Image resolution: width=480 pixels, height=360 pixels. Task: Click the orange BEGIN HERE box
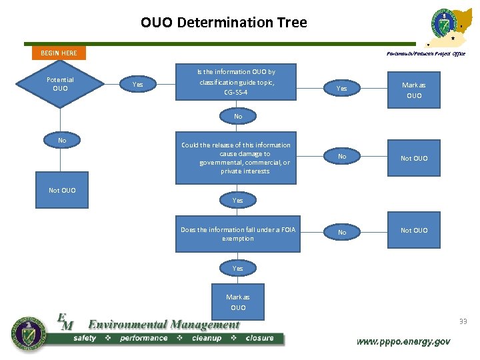59,53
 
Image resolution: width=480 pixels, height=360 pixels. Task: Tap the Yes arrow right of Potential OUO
138,85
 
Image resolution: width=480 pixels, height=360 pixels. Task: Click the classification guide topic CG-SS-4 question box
236,82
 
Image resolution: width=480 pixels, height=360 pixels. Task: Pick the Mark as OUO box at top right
413,90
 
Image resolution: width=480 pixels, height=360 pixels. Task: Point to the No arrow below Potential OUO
62,141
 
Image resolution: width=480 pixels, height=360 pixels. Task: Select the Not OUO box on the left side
62,191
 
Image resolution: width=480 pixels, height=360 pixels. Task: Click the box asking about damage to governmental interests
236,158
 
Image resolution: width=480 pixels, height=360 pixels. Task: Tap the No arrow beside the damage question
342,157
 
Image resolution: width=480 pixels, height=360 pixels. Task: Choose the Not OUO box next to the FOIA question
413,231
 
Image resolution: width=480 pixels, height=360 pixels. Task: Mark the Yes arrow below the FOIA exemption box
238,268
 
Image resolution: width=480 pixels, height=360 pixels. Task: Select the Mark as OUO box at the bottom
238,303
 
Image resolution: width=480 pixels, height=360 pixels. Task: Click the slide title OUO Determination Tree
224,23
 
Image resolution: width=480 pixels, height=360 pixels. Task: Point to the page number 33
463,322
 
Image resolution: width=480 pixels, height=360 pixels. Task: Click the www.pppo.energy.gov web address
403,341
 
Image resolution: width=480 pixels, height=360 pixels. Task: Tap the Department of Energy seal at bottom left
27,333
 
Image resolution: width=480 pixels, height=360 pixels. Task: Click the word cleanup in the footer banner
206,338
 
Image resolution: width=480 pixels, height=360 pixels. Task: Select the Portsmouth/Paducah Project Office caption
425,53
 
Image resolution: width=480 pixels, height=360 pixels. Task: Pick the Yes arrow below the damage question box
238,200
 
